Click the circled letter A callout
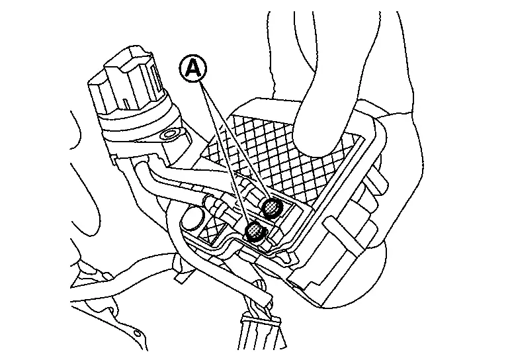click(x=193, y=68)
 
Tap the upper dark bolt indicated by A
click(x=271, y=206)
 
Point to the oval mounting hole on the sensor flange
click(x=170, y=134)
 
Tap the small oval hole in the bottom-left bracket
click(x=138, y=333)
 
